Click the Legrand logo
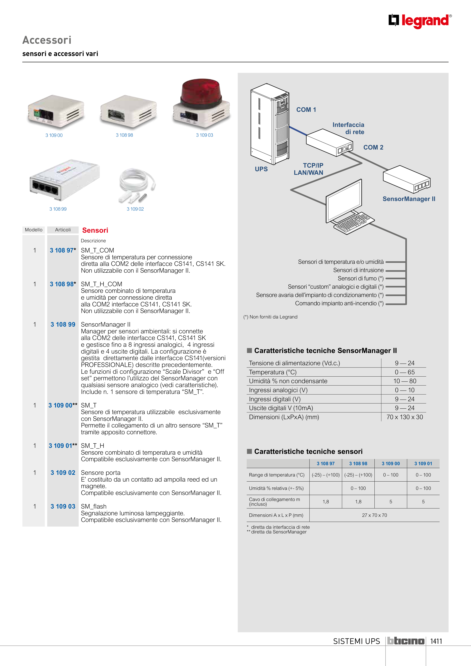pyautogui.click(x=420, y=21)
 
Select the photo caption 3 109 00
pyautogui.click(x=54, y=135)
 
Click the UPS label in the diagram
pyautogui.click(x=261, y=169)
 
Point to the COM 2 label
pyautogui.click(x=373, y=147)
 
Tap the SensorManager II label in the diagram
pyautogui.click(x=409, y=199)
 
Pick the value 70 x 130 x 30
pyautogui.click(x=405, y=417)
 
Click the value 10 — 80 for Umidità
pyautogui.click(x=405, y=381)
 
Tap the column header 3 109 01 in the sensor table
pyautogui.click(x=423, y=463)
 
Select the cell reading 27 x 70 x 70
pyautogui.click(x=374, y=515)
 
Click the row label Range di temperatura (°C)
pyautogui.click(x=277, y=475)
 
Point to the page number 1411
pyautogui.click(x=436, y=641)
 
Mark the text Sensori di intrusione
pyautogui.click(x=358, y=270)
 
